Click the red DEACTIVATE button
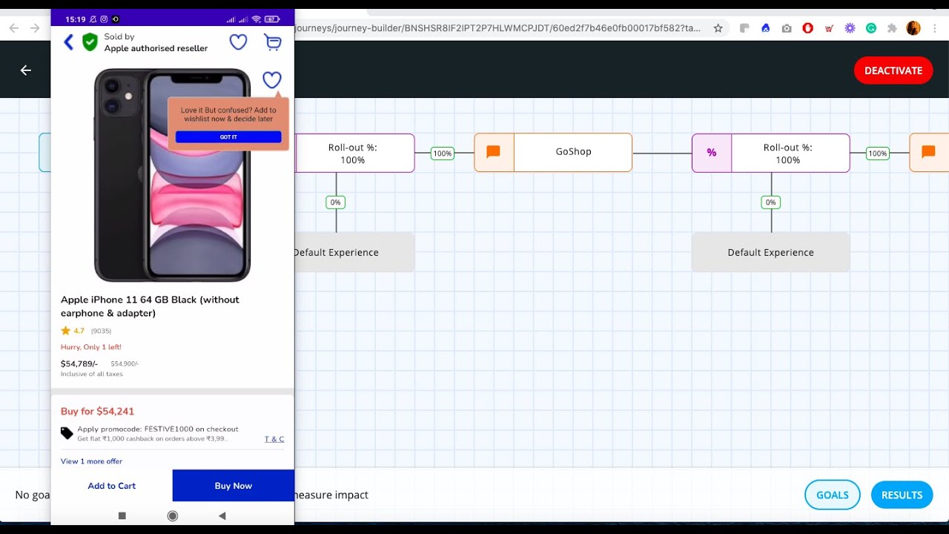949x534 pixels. pos(893,70)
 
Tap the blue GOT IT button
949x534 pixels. pos(228,137)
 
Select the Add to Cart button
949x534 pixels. pos(112,486)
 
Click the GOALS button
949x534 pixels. pos(832,495)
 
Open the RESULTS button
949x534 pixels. pos(902,495)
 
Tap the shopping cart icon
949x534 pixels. pos(273,42)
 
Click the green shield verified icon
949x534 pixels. pos(90,42)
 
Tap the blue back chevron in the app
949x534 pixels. pos(69,42)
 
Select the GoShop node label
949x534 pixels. pos(573,152)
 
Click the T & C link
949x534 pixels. pos(274,439)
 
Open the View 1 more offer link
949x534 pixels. pos(91,461)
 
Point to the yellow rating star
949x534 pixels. pos(66,331)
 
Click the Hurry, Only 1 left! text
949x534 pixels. pos(90,347)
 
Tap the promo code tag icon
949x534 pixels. pos(67,433)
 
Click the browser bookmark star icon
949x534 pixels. pos(718,28)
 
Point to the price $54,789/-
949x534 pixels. pos(79,363)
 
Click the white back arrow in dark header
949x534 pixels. pos(26,70)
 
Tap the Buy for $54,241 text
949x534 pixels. pos(97,412)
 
